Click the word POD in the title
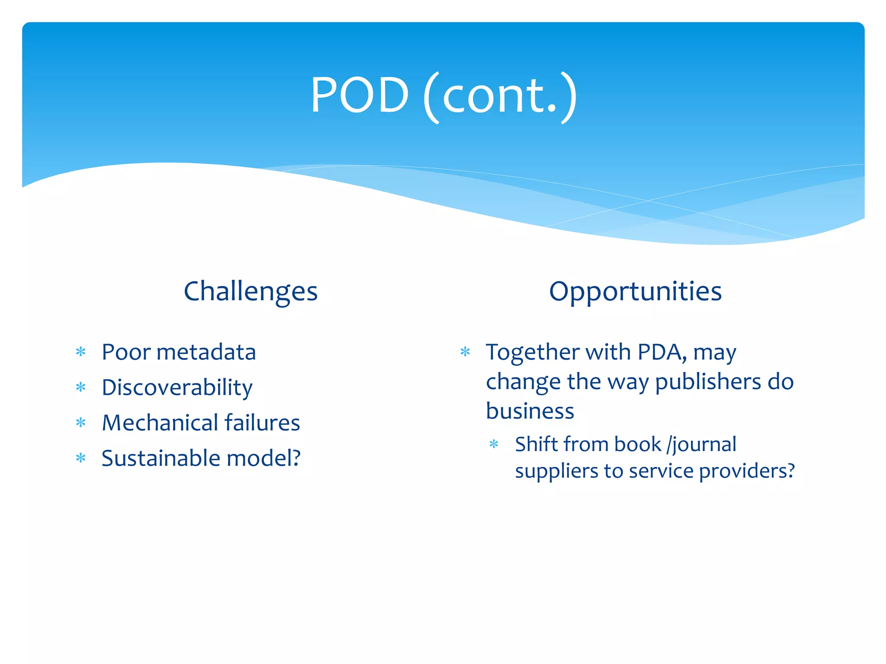point(360,95)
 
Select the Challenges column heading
point(250,291)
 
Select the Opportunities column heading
point(635,291)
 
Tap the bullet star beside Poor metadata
point(81,352)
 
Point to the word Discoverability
point(177,387)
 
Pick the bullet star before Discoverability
point(81,387)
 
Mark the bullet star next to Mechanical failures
point(81,423)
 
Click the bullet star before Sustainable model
point(81,458)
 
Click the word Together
point(532,352)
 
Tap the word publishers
point(708,382)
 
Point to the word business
point(530,411)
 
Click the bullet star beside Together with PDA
point(465,352)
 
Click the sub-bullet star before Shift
point(494,444)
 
